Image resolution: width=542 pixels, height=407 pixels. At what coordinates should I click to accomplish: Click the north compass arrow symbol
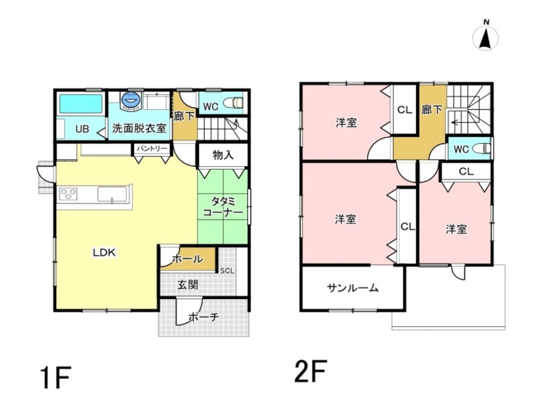click(485, 38)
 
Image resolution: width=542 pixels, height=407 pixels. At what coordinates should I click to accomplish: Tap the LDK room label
click(105, 252)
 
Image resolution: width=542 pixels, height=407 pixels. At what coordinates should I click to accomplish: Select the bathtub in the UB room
click(81, 104)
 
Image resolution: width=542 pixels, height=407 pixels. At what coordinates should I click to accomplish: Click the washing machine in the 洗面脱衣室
click(131, 100)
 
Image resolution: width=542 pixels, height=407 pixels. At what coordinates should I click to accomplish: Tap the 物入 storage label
click(223, 155)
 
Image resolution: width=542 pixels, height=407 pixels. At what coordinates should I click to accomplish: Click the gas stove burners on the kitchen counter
click(68, 194)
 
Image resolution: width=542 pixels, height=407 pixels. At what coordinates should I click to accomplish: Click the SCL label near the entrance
click(227, 271)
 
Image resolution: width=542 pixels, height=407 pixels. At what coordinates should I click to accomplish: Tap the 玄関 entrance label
click(188, 285)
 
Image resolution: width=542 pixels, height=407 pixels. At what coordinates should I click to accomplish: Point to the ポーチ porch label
click(204, 317)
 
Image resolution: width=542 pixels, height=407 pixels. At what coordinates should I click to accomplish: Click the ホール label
click(188, 258)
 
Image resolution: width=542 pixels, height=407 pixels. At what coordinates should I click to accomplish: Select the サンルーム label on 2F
click(353, 288)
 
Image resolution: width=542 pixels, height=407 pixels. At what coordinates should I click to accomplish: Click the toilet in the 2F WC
click(481, 149)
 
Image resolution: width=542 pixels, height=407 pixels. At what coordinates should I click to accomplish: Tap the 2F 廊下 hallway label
click(432, 110)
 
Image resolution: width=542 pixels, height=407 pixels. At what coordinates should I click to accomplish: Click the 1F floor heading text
click(55, 378)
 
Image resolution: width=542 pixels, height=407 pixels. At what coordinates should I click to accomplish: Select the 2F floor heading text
click(311, 371)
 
